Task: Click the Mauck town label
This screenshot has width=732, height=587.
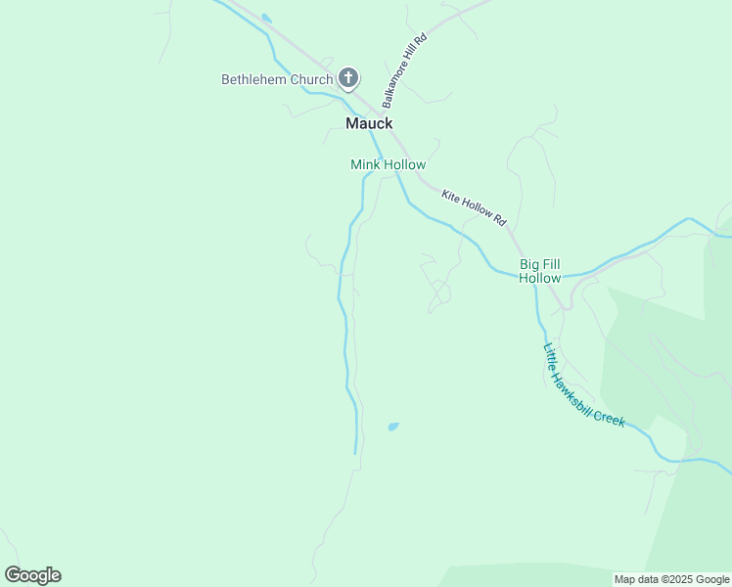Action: tap(369, 123)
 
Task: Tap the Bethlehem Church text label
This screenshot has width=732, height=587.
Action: tap(277, 79)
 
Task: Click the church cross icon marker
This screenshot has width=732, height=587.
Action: tap(348, 78)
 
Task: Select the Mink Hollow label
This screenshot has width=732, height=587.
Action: tap(388, 165)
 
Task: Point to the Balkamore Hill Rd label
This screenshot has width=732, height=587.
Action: tap(405, 70)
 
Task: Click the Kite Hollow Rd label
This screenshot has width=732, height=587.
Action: tap(473, 208)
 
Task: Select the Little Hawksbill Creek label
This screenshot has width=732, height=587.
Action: tap(584, 384)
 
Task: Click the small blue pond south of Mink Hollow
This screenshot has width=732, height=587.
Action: tap(393, 427)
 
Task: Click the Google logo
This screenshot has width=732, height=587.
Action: tap(32, 575)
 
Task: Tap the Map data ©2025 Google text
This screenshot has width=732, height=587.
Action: tap(671, 579)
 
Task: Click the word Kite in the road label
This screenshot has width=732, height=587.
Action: tap(450, 197)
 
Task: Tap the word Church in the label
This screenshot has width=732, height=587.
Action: tap(312, 79)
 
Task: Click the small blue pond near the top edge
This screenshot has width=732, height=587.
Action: tap(266, 19)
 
